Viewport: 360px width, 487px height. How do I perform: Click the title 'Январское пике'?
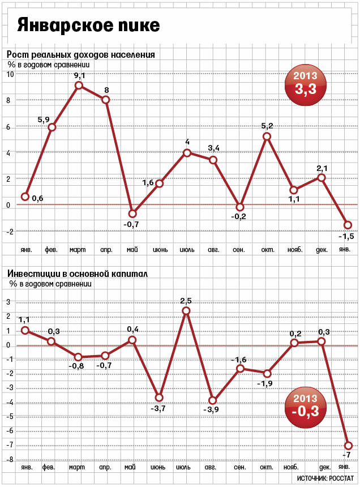[88, 25]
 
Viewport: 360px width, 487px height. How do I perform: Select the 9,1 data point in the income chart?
[79, 85]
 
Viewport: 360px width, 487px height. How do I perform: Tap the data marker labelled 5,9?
[52, 127]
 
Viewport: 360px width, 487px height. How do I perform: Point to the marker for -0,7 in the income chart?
[132, 213]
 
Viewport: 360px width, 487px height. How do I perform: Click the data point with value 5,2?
[267, 136]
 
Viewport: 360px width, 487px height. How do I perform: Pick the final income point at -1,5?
[348, 225]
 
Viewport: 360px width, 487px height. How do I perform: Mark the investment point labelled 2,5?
[186, 310]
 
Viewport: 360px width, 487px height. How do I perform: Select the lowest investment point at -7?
[348, 446]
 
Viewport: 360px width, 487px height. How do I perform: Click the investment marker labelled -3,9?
[213, 401]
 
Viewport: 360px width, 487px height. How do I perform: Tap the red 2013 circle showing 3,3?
[306, 85]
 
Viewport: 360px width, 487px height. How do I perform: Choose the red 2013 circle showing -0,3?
[306, 407]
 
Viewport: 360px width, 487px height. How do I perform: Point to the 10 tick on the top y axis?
[10, 74]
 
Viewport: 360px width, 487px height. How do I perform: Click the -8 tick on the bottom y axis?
[10, 460]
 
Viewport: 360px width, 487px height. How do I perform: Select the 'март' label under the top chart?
[78, 250]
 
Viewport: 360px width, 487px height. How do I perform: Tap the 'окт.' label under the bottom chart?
[267, 467]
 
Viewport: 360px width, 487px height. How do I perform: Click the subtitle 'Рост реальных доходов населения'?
[81, 55]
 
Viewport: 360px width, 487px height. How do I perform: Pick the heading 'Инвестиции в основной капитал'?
[78, 274]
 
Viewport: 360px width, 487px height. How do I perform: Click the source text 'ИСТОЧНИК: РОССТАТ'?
[325, 479]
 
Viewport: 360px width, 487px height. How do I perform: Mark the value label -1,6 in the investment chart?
[239, 360]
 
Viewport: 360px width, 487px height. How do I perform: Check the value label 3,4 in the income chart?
[213, 148]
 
